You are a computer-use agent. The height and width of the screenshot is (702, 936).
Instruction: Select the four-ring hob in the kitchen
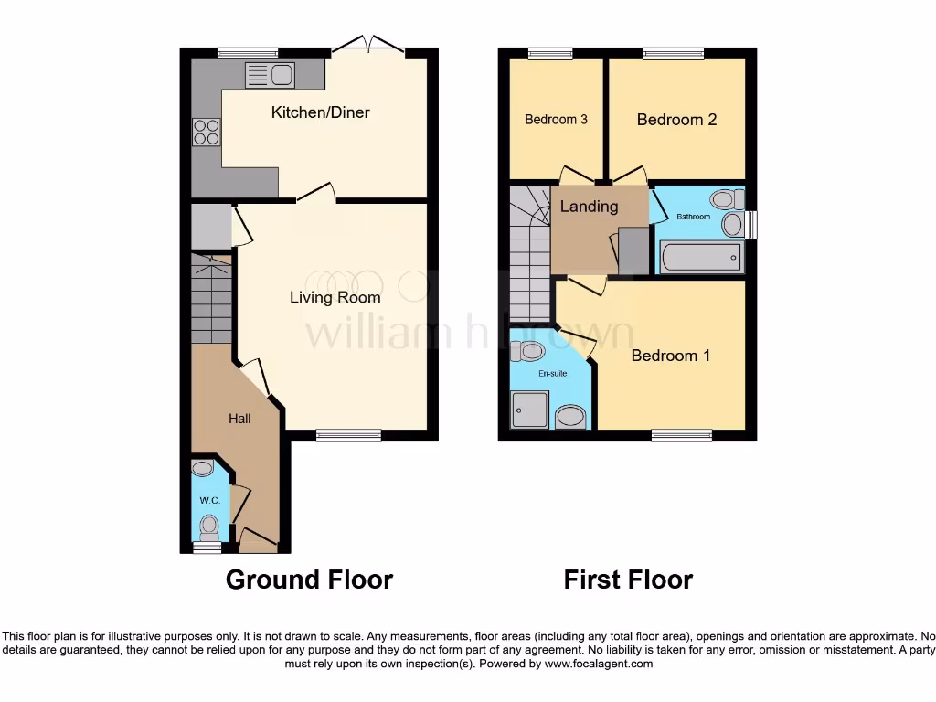206,133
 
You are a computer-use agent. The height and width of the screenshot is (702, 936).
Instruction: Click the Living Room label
335,297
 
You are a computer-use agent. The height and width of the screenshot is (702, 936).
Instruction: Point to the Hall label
239,419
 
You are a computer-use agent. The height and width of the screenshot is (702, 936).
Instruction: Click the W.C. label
209,501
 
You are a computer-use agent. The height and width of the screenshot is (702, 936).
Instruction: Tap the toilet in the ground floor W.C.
209,525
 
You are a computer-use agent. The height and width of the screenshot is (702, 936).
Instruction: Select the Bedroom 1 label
670,356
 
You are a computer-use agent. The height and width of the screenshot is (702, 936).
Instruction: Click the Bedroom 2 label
676,120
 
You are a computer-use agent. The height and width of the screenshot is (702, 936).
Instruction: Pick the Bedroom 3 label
556,120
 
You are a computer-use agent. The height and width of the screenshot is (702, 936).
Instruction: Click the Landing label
589,207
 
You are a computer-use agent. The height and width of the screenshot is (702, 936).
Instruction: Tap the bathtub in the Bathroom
701,258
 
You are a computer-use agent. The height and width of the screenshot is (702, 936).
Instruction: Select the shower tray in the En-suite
530,410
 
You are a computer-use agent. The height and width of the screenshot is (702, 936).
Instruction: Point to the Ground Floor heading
309,580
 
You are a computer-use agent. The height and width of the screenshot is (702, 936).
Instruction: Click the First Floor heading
628,580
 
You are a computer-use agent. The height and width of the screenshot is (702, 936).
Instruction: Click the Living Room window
348,435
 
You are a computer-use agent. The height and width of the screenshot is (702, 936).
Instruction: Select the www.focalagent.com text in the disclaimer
598,664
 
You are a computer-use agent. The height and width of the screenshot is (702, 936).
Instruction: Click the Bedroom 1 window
683,435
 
